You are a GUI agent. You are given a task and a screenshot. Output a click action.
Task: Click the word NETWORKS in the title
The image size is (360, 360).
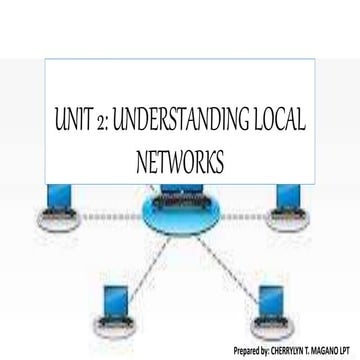pyautogui.click(x=180, y=161)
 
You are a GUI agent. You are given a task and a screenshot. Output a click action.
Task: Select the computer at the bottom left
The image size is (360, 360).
pyautogui.click(x=110, y=306)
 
